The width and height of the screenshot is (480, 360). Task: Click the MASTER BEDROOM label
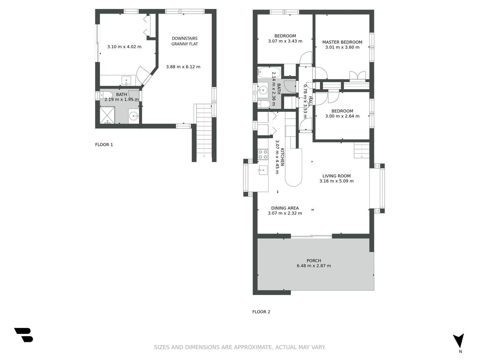point(342,42)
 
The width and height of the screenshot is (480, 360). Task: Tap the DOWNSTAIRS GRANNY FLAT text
point(184,41)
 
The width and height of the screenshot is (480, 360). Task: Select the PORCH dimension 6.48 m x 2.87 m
point(314,266)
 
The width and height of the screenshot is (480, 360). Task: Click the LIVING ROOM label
point(336,176)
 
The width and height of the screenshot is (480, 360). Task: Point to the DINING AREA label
point(285,208)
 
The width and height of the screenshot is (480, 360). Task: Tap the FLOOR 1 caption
point(104,145)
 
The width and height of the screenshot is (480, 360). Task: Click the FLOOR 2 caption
point(261,312)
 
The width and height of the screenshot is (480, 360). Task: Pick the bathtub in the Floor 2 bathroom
point(269,72)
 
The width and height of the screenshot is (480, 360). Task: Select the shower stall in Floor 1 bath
point(107,115)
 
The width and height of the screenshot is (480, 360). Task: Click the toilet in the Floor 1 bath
point(106,95)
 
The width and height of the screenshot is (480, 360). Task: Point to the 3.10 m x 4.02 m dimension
point(124,47)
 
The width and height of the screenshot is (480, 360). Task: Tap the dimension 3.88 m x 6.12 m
point(183,67)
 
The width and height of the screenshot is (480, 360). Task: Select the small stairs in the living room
point(362,150)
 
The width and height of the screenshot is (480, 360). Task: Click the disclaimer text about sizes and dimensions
point(240,347)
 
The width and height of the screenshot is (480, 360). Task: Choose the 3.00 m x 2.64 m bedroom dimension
point(342,116)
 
